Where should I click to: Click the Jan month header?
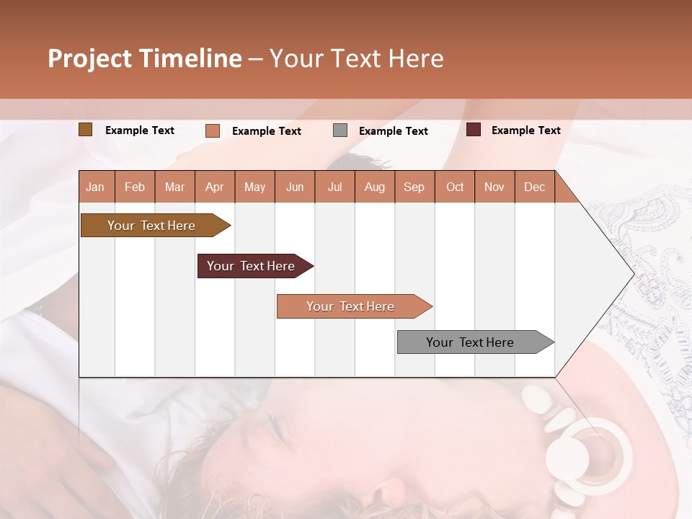point(95,187)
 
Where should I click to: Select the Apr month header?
point(214,187)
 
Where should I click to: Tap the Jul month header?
point(334,187)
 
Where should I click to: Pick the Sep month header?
point(414,187)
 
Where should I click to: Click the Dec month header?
point(534,187)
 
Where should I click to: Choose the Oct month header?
point(455,187)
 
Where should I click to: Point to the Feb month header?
point(135,187)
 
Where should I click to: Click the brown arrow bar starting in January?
point(151,226)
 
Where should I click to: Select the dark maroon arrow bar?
point(251,266)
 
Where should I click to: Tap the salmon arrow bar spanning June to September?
point(350,306)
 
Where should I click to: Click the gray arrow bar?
point(470,342)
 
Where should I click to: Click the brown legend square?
point(86,130)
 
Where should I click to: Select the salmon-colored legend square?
point(212,130)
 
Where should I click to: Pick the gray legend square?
point(340,130)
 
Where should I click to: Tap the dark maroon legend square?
point(474,130)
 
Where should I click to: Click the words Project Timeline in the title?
point(144,58)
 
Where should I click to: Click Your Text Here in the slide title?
point(357,58)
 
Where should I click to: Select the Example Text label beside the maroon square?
point(525,130)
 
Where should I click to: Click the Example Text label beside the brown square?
point(140,130)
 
